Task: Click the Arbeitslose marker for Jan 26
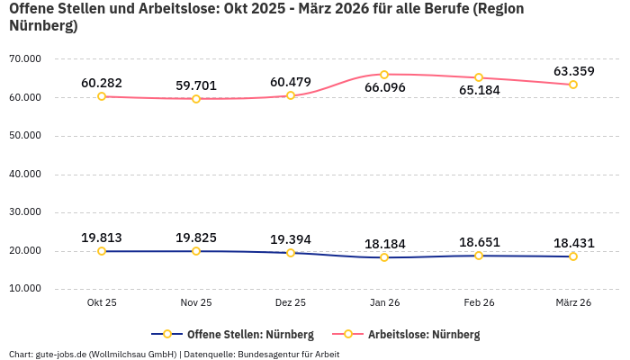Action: click(384, 75)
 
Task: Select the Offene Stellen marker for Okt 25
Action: click(102, 251)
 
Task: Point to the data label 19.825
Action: click(196, 238)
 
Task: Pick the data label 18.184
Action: click(384, 244)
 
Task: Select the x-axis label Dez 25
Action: click(290, 303)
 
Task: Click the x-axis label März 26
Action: click(573, 303)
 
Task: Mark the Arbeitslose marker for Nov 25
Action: click(196, 98)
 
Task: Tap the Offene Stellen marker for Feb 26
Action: click(479, 256)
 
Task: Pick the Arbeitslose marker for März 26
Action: click(573, 85)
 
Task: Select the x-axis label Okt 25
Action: click(102, 303)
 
